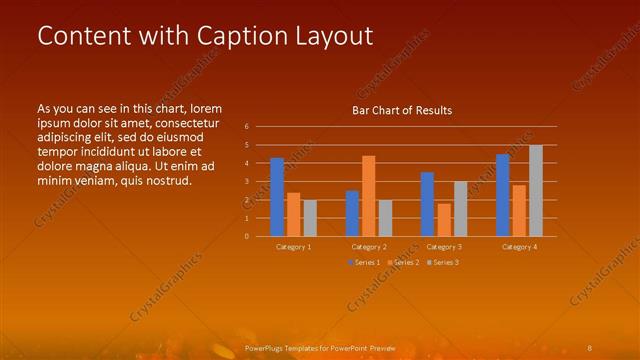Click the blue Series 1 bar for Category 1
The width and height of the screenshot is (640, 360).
277,197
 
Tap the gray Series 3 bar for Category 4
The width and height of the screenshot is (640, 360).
536,191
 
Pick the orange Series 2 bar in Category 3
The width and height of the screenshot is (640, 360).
444,220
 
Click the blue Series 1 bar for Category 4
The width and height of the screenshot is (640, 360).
503,195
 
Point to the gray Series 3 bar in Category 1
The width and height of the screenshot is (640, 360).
310,218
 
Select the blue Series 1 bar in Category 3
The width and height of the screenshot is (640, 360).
427,204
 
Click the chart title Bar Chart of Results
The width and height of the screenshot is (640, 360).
402,110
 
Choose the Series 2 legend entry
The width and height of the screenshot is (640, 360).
402,262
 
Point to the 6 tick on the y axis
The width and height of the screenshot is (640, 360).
247,127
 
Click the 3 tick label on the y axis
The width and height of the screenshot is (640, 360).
247,182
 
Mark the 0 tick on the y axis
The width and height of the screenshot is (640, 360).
247,237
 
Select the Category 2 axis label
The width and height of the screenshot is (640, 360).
369,246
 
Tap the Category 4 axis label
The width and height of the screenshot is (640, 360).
519,246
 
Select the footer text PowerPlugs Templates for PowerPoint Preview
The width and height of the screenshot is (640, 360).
320,347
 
